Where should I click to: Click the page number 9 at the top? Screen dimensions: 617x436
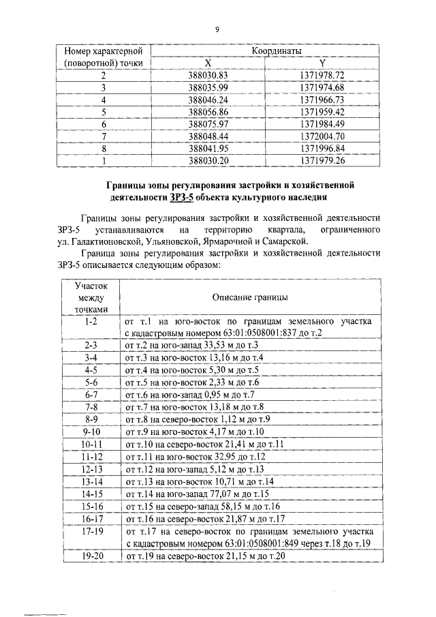217,29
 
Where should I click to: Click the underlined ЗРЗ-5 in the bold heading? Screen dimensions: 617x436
182,198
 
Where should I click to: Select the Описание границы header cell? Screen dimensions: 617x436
249,297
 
